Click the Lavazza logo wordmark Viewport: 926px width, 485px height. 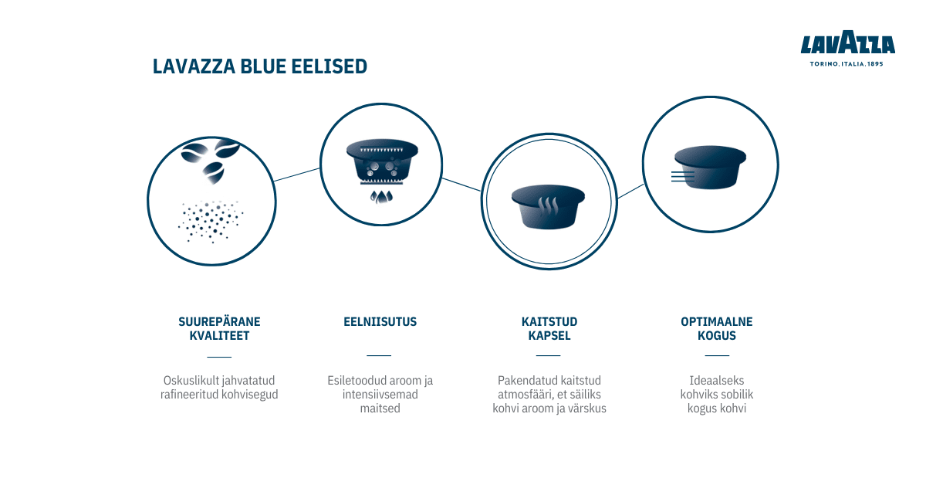847,42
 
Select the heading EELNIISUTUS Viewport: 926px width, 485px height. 380,321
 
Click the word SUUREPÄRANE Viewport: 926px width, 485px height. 219,321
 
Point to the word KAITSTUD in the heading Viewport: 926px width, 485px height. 549,321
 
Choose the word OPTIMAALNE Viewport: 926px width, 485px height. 716,321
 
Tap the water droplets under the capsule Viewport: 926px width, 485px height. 381,197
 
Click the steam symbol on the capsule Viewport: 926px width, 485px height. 548,205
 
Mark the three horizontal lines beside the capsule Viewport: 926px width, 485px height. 682,177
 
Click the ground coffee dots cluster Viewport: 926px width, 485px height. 211,222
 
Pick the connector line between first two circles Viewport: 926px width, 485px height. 297,175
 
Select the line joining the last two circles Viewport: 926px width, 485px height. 631,192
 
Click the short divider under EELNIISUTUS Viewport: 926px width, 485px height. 379,355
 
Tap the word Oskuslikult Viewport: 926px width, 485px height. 190,380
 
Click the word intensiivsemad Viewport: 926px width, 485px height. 380,394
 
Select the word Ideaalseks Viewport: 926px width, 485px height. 716,380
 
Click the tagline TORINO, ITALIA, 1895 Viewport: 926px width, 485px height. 847,64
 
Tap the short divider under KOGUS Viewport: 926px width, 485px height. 717,355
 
